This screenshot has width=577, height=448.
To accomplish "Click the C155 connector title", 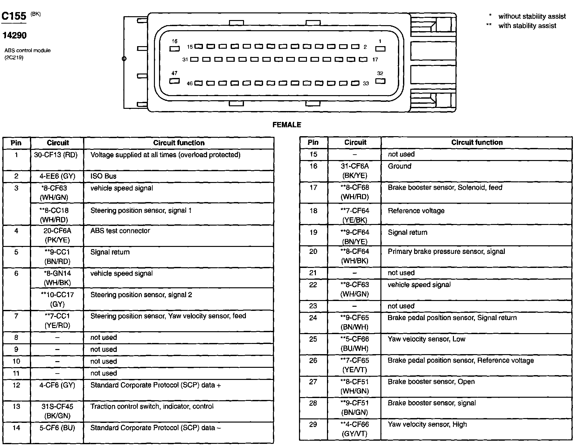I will [x=14, y=16].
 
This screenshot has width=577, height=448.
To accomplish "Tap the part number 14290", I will [x=14, y=35].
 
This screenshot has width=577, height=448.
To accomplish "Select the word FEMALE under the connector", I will [x=287, y=125].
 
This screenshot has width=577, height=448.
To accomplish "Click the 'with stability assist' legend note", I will [x=527, y=26].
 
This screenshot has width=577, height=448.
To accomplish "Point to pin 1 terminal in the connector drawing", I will [x=380, y=49].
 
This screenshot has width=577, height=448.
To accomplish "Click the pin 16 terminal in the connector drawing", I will [x=175, y=49].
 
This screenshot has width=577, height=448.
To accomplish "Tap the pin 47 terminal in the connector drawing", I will [x=174, y=81].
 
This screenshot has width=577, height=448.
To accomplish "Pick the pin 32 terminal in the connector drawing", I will [x=380, y=81].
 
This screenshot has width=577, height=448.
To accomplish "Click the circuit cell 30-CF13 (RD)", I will [x=56, y=155].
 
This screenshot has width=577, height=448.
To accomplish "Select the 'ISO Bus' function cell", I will [x=103, y=176].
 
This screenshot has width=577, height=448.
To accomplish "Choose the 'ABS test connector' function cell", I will [x=120, y=231].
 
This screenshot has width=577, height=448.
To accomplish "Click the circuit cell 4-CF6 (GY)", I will [x=57, y=385].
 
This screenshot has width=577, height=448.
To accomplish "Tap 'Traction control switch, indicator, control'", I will [x=152, y=406].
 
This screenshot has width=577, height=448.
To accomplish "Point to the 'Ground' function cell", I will [x=400, y=166].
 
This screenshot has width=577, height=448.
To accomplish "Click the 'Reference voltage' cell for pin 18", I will [x=416, y=211].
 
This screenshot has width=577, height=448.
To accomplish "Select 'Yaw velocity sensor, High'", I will [x=427, y=424].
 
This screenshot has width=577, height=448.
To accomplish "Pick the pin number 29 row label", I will [x=313, y=424].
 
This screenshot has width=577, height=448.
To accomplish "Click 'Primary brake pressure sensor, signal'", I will [x=446, y=251].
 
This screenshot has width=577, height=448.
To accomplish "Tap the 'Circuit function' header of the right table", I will [x=477, y=143].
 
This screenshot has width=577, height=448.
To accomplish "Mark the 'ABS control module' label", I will [x=27, y=51].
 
